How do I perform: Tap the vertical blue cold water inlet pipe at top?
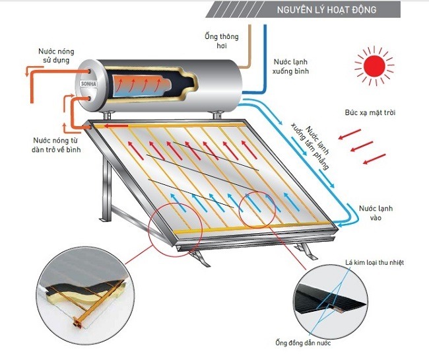265,40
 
